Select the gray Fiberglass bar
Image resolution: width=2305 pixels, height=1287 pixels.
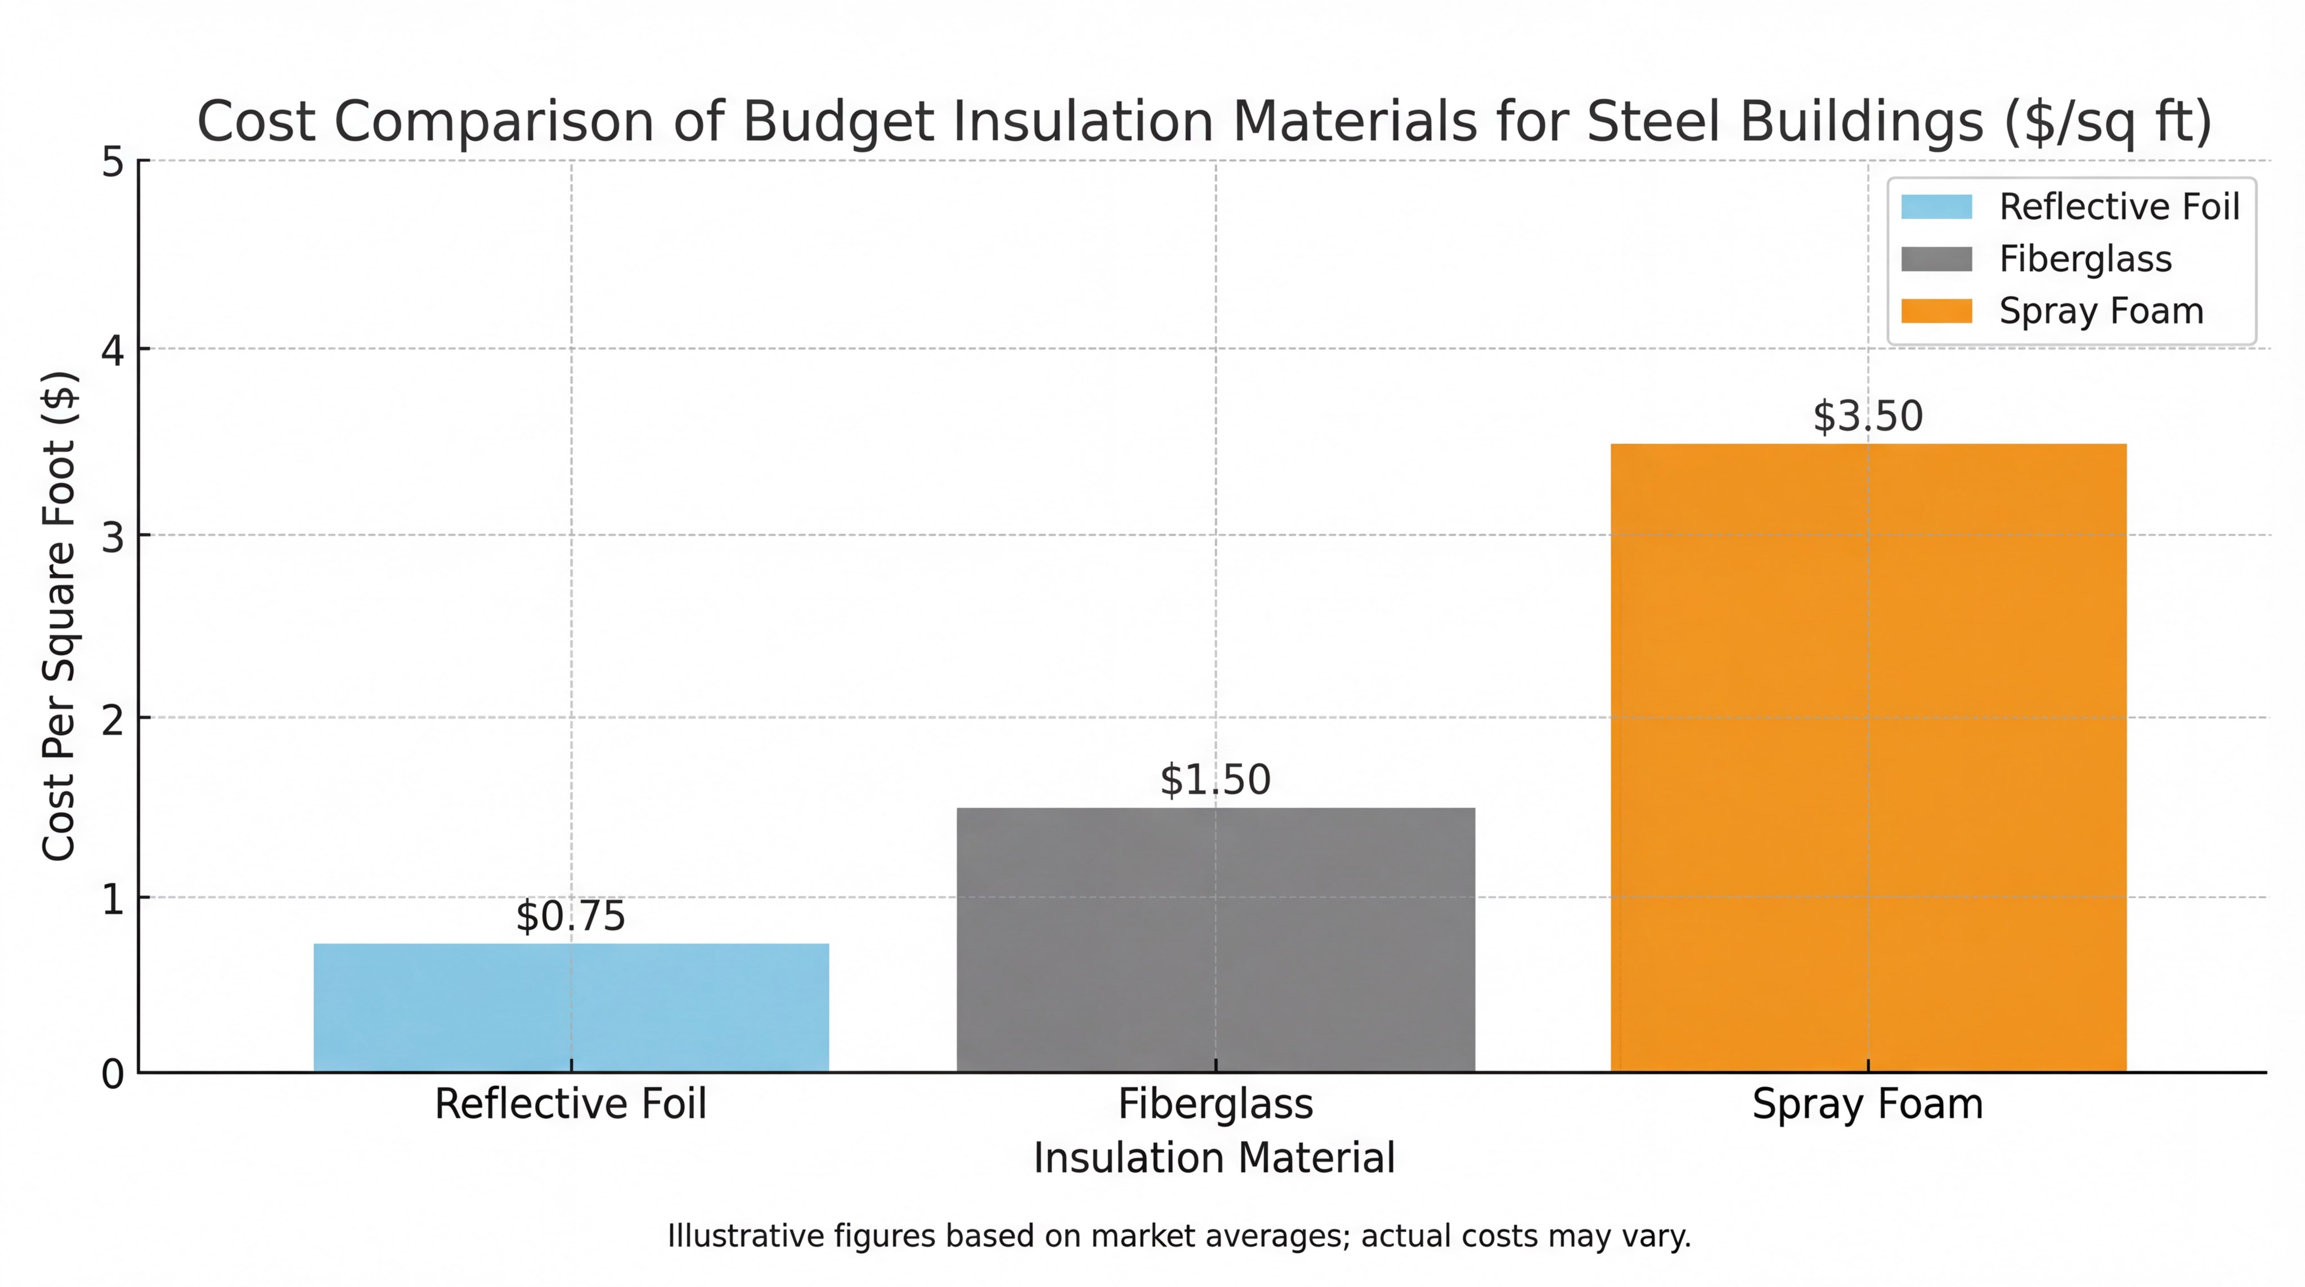click(x=1215, y=940)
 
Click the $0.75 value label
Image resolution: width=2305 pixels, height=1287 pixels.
click(x=571, y=915)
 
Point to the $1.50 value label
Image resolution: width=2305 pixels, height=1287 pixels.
click(x=1215, y=780)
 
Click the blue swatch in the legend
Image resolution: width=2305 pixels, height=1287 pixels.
click(x=1936, y=207)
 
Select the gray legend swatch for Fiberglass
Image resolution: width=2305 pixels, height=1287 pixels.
click(x=1936, y=258)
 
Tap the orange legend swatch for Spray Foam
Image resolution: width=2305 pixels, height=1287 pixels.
click(x=1936, y=311)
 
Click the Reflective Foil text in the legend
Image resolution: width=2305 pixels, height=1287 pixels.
click(x=2119, y=207)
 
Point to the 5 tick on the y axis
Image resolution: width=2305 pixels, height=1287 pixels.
click(x=113, y=162)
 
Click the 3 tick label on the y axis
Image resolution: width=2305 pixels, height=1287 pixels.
click(x=113, y=537)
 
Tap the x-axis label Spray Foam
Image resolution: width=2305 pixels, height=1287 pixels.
click(x=1867, y=1103)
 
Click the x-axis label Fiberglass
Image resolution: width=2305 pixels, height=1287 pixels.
click(x=1215, y=1103)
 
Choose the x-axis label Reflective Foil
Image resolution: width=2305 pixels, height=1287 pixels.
click(x=571, y=1103)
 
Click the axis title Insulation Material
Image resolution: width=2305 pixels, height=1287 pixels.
click(x=1214, y=1157)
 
